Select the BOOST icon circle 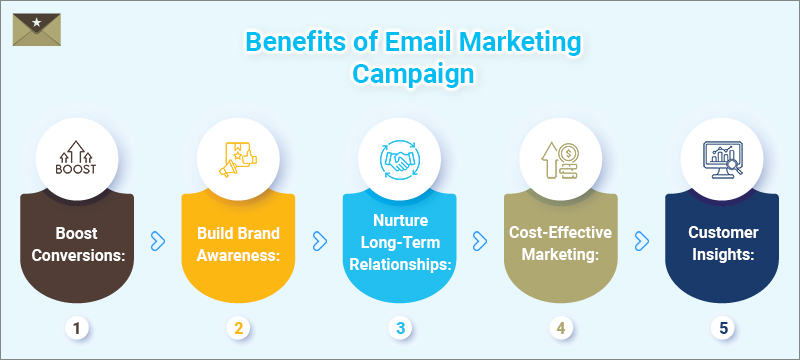coord(77,159)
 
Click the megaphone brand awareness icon coord(238,159)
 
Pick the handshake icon coord(399,159)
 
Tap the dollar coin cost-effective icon coord(560,159)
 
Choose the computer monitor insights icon coord(721,159)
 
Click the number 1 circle coord(77,326)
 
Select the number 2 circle coord(238,326)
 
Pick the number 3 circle coord(399,326)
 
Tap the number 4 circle coord(560,326)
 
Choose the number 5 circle coord(721,326)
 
